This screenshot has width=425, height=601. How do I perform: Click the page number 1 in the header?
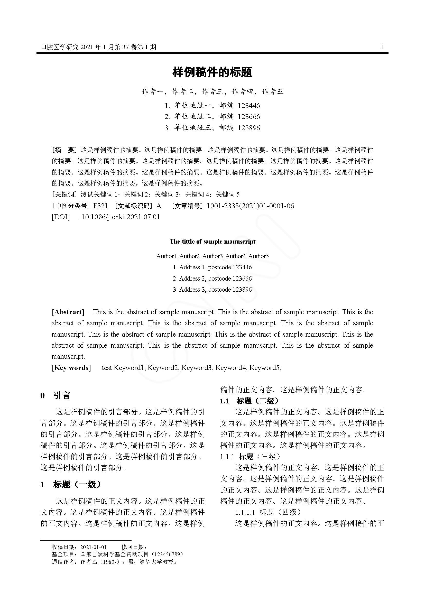pyautogui.click(x=383, y=47)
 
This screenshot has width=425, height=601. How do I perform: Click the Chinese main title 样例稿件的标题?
pyautogui.click(x=212, y=72)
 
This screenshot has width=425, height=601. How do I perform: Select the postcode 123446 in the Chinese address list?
pyautogui.click(x=249, y=106)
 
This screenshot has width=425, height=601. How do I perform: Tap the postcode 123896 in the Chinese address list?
pyautogui.click(x=249, y=128)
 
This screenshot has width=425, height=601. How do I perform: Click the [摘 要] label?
pyautogui.click(x=65, y=150)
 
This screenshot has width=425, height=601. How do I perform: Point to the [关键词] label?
pyautogui.click(x=65, y=194)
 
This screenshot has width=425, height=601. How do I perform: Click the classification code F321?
pyautogui.click(x=100, y=206)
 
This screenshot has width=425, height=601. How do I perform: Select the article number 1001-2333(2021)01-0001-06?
pyautogui.click(x=250, y=206)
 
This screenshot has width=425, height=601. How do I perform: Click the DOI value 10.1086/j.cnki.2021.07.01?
pyautogui.click(x=121, y=217)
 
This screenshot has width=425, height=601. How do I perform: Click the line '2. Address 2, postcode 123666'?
pyautogui.click(x=212, y=279)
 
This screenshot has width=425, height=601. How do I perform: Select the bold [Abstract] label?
pyautogui.click(x=68, y=312)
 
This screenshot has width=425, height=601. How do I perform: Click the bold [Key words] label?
pyautogui.click(x=71, y=368)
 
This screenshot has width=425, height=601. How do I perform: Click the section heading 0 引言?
pyautogui.click(x=55, y=395)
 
